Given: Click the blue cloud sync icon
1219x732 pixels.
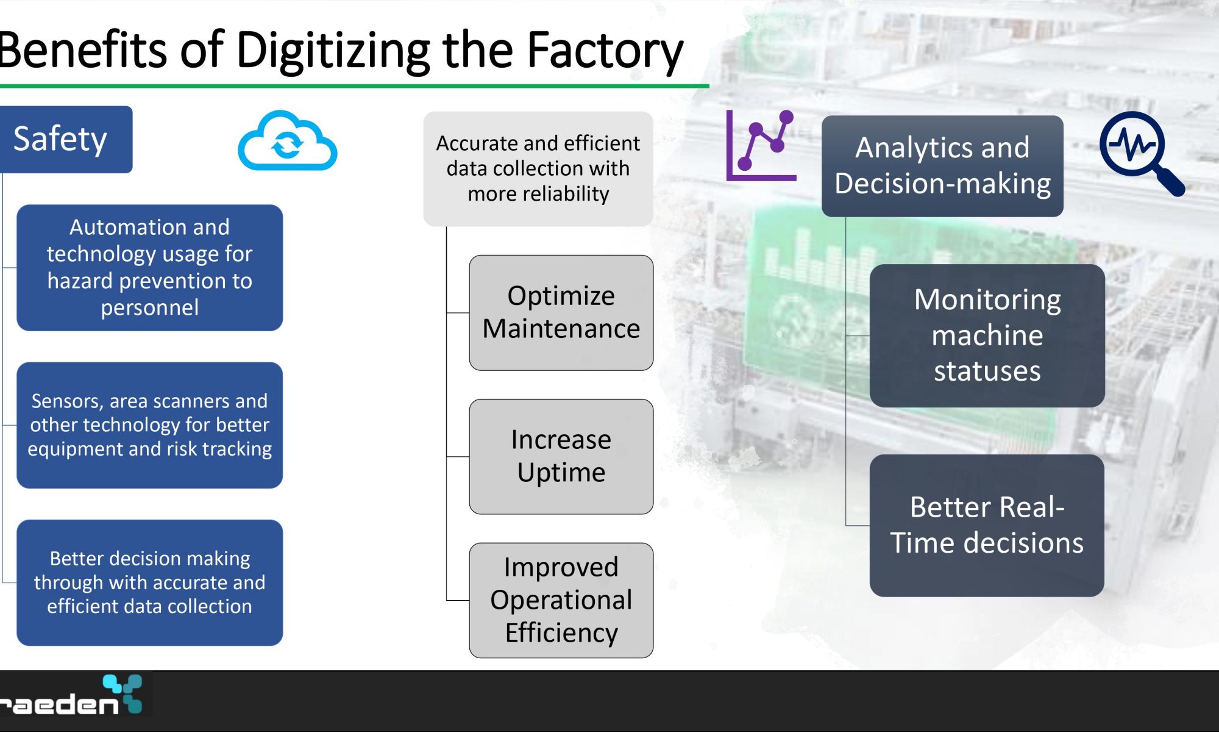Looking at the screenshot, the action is pyautogui.click(x=287, y=141).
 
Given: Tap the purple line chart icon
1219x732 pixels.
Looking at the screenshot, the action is pyautogui.click(x=761, y=146).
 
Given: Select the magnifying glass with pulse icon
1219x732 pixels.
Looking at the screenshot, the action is pyautogui.click(x=1141, y=153).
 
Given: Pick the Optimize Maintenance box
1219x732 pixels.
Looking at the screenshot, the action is pyautogui.click(x=561, y=312).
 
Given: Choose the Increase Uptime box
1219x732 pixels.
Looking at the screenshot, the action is pyautogui.click(x=561, y=456).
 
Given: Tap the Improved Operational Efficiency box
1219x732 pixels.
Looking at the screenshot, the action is pyautogui.click(x=561, y=600).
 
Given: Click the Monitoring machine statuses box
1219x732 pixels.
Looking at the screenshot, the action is pyautogui.click(x=987, y=335).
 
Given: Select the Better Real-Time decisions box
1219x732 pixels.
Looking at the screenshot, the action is pyautogui.click(x=987, y=525).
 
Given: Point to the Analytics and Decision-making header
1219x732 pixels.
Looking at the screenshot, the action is pyautogui.click(x=942, y=166).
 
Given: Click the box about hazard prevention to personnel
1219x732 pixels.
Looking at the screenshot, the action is pyautogui.click(x=150, y=268).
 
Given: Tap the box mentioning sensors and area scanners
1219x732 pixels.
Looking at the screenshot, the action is pyautogui.click(x=150, y=425).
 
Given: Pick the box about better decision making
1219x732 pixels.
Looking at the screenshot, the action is pyautogui.click(x=150, y=583).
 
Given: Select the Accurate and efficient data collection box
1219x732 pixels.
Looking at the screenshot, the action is pyautogui.click(x=538, y=169).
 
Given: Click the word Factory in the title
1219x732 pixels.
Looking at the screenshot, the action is pyautogui.click(x=605, y=51).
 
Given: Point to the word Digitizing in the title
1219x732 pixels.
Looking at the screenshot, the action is pyautogui.click(x=333, y=51).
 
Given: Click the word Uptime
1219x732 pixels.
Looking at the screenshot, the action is pyautogui.click(x=561, y=473).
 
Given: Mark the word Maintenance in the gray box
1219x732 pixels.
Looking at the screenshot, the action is pyautogui.click(x=561, y=329).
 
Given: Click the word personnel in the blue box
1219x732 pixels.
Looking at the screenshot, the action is pyautogui.click(x=150, y=308).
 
